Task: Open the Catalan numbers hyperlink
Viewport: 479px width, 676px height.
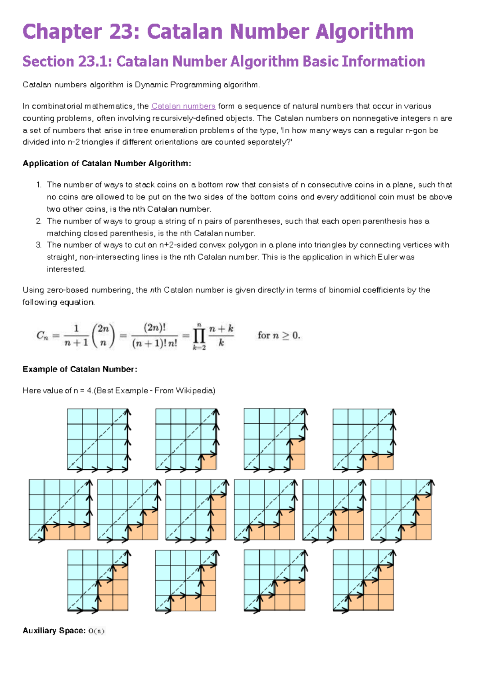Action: click(183, 106)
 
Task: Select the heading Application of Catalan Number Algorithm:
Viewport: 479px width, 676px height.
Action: click(107, 163)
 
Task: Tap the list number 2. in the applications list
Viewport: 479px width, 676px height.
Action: click(39, 221)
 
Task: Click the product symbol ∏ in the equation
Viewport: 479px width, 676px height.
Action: click(199, 336)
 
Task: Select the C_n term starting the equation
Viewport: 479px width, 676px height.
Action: click(42, 336)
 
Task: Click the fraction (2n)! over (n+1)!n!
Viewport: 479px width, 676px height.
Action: click(154, 336)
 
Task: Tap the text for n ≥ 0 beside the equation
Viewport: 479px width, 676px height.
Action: click(279, 336)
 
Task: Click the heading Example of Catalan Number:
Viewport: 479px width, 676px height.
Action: click(80, 369)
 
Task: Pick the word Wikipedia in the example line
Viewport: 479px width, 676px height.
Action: click(194, 391)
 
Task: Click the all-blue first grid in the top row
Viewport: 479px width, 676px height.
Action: click(98, 439)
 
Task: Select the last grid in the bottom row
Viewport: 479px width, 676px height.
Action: click(363, 580)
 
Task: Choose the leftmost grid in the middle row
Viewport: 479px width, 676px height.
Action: click(60, 510)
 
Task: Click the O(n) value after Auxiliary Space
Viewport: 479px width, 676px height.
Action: click(96, 631)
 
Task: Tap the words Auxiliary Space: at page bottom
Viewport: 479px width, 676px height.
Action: click(54, 631)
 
